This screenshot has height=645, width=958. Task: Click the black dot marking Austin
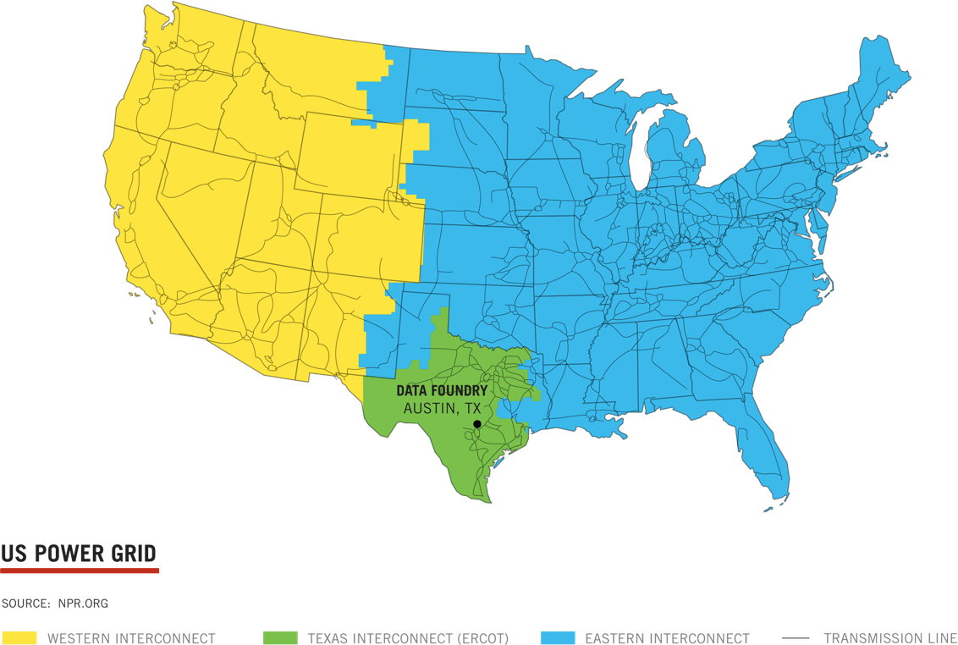pyautogui.click(x=476, y=424)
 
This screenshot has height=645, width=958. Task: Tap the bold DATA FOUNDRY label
pyautogui.click(x=442, y=391)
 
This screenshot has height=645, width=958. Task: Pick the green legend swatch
pyautogui.click(x=281, y=637)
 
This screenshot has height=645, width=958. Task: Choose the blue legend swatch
pyautogui.click(x=557, y=637)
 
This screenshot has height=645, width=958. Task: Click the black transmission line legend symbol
pyautogui.click(x=796, y=637)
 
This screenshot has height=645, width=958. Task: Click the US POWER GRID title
pyautogui.click(x=79, y=554)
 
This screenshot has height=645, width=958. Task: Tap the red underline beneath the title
pyautogui.click(x=80, y=571)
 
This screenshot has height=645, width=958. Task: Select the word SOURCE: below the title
pyautogui.click(x=26, y=604)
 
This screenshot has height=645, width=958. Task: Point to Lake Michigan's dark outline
pyautogui.click(x=647, y=157)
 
